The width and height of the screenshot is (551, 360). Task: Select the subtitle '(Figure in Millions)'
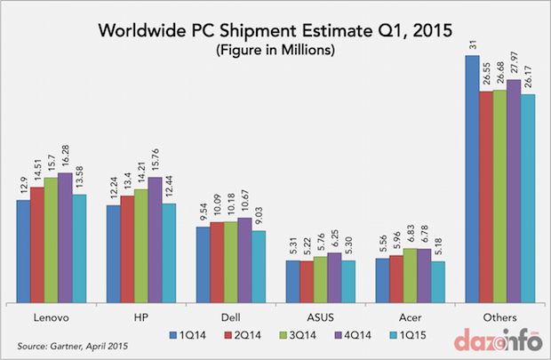point(275,51)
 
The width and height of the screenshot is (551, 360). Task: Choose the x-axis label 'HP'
point(140,316)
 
